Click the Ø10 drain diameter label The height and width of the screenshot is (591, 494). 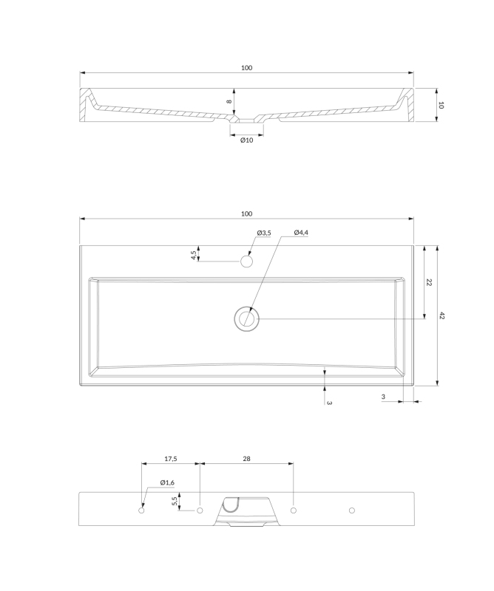(247, 140)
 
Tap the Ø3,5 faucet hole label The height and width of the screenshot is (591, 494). (264, 233)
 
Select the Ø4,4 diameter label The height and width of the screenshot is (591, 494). (301, 233)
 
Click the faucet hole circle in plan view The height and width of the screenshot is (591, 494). (246, 262)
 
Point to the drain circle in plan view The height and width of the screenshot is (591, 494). (246, 319)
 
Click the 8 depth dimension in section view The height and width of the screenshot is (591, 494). (229, 101)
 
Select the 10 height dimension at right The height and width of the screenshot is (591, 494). (441, 105)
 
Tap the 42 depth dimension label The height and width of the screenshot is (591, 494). (442, 315)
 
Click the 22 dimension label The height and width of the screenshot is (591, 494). (429, 282)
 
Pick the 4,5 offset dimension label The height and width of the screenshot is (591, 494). (194, 255)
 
